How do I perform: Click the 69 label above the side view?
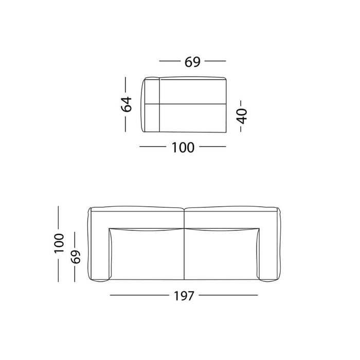[192, 61]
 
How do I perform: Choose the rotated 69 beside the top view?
[76, 256]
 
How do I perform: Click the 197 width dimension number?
[184, 296]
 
